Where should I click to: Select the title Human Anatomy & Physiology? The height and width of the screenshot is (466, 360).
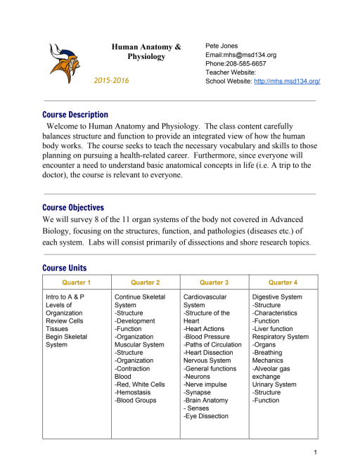point(146,51)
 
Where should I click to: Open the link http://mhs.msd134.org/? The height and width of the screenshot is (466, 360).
point(287,82)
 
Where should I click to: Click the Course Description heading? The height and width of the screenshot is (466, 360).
point(75,115)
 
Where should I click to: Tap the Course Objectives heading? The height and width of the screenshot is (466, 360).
point(73,208)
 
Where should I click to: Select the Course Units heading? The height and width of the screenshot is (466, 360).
point(65,268)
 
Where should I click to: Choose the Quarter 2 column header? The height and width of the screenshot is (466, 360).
point(146,283)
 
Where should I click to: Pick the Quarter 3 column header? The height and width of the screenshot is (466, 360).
point(214,283)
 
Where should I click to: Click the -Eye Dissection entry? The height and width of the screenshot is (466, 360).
point(205,416)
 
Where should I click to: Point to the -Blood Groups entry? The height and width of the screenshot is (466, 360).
point(136,401)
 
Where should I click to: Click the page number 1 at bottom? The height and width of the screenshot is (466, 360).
point(317,451)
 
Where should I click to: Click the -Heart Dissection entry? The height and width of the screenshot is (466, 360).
point(210,353)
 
